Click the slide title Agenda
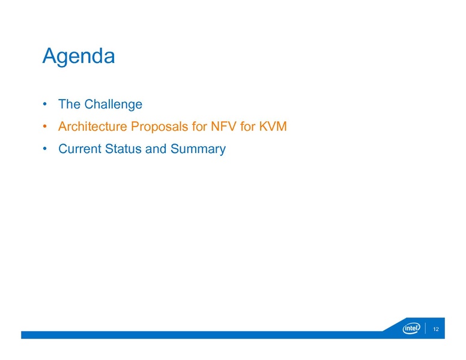click(78, 56)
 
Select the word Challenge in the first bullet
click(113, 104)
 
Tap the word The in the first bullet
click(69, 104)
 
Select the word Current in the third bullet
click(79, 149)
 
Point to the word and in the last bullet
click(156, 149)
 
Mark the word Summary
click(198, 149)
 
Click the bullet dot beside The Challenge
click(45, 104)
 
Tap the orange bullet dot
click(45, 127)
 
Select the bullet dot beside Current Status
click(45, 149)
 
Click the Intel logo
click(411, 328)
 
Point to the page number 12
click(436, 329)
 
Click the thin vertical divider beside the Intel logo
click(425, 328)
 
